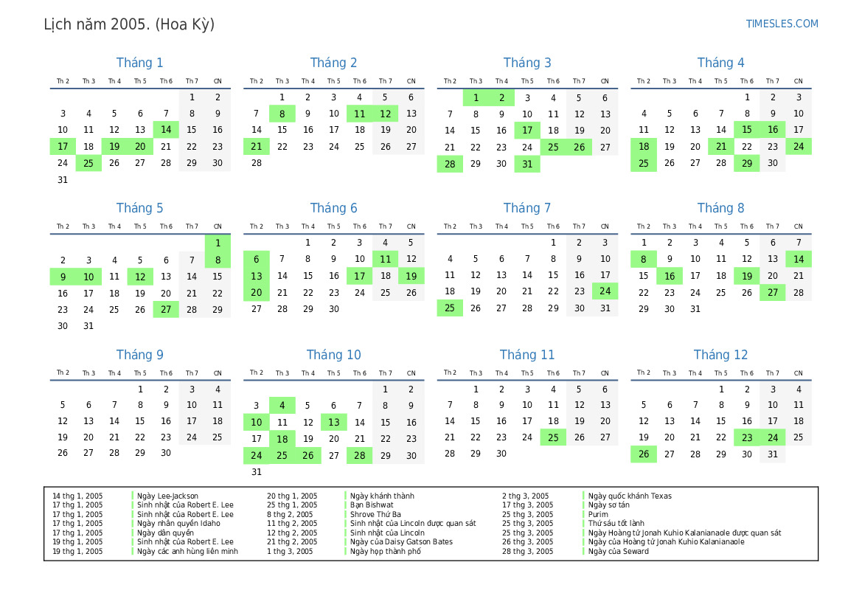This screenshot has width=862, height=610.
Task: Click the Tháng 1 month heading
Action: click(x=140, y=63)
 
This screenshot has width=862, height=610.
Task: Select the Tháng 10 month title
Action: click(x=333, y=355)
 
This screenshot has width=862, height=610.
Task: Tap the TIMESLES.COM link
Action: click(x=782, y=24)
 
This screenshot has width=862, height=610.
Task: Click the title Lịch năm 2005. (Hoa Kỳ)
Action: click(x=129, y=24)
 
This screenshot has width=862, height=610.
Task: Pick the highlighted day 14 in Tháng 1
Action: click(x=166, y=130)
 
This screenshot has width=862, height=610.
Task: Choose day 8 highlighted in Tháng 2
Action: click(x=282, y=114)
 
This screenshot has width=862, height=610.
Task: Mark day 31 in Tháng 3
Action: click(x=527, y=164)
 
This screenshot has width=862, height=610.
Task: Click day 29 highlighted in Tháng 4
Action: click(x=747, y=164)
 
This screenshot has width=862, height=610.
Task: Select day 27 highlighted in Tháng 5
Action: click(x=166, y=310)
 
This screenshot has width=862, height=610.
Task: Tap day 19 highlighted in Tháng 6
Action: click(x=411, y=276)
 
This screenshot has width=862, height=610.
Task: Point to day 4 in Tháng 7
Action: click(x=450, y=259)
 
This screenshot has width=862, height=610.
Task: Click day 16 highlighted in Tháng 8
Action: click(x=670, y=276)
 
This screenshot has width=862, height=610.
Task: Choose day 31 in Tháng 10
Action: click(x=257, y=472)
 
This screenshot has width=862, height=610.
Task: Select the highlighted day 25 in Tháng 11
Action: click(x=553, y=437)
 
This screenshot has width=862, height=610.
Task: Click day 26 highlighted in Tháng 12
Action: click(x=644, y=454)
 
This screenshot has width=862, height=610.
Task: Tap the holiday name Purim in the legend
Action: click(x=598, y=514)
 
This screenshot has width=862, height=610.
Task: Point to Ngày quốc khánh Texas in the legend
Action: click(x=630, y=496)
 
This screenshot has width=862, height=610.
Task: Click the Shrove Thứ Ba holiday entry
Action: click(x=375, y=514)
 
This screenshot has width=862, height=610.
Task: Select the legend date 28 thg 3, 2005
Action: click(x=527, y=551)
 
